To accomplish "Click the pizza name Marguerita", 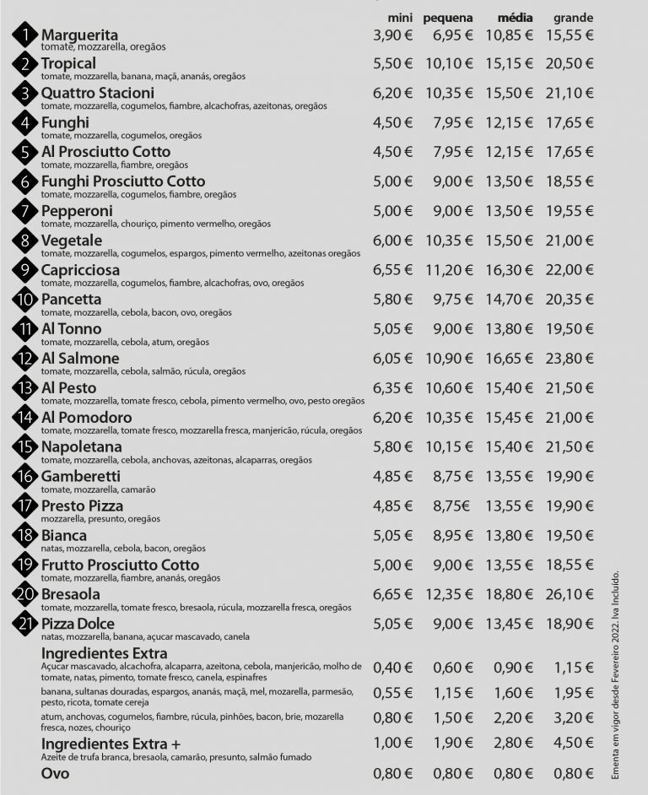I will [79, 35].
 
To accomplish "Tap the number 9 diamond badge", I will [26, 270].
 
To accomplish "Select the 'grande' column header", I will [573, 18].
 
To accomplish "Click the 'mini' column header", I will [400, 18].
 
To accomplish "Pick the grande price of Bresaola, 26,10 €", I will [570, 594].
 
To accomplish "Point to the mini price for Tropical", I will [392, 64].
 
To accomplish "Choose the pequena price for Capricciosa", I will [448, 270].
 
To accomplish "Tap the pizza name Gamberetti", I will [81, 476].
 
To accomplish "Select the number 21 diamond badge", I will [26, 624].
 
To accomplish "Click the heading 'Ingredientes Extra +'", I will [111, 744].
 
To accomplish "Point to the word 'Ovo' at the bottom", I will [56, 773].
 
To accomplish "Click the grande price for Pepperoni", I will [570, 211].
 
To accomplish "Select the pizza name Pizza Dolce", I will [83, 624].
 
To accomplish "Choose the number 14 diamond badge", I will [26, 417].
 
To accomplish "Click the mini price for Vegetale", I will [392, 241].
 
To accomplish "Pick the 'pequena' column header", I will [448, 18].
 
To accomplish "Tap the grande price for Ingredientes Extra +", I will [570, 743].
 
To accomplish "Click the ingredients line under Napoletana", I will [176, 460].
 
